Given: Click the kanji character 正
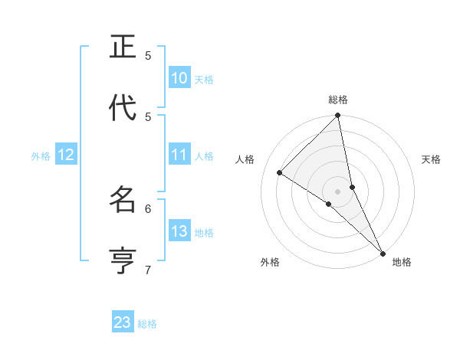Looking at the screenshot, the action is [x=123, y=47].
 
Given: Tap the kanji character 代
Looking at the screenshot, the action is [x=123, y=108].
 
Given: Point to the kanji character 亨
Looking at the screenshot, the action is [x=123, y=260].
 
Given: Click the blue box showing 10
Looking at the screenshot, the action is [x=179, y=78].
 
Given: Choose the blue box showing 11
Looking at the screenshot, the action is [x=179, y=155].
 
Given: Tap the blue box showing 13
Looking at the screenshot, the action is [x=179, y=231].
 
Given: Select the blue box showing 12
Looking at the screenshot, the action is [x=66, y=155].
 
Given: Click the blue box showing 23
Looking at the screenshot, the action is [x=123, y=322].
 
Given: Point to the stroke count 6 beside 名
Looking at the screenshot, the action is [x=149, y=208].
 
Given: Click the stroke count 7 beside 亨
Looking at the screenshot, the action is [x=149, y=269].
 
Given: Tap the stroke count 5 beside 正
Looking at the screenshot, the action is [x=149, y=55].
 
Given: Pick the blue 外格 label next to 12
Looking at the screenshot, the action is [x=41, y=156].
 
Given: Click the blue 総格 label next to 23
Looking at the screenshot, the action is [x=147, y=324].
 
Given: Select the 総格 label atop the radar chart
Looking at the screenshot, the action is [x=338, y=100].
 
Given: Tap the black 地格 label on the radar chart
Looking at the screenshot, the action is [x=402, y=262].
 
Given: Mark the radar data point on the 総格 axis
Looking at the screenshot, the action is [x=338, y=116].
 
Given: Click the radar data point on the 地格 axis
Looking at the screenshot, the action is [x=382, y=251].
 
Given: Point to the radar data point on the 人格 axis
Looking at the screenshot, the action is [x=280, y=172].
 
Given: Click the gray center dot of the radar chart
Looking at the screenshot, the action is [x=338, y=191].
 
